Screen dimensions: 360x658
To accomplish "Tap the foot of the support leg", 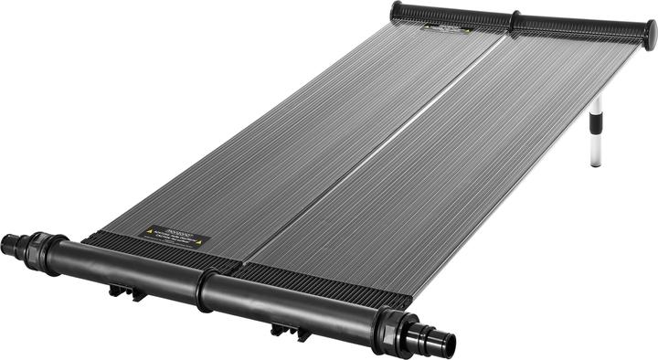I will click(596, 163).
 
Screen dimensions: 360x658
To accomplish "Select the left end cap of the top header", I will click(396, 10).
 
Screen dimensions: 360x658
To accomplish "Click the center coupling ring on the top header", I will click(515, 22).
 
